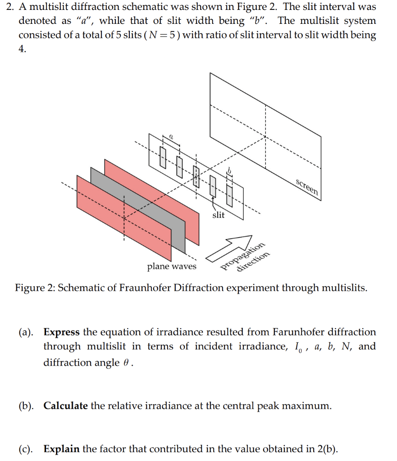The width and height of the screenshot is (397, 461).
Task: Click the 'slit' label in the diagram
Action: click(x=218, y=215)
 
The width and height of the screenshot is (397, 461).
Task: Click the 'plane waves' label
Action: click(x=172, y=266)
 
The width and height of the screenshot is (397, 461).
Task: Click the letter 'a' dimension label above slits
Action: click(x=171, y=135)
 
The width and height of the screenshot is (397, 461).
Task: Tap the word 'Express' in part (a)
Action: click(x=61, y=332)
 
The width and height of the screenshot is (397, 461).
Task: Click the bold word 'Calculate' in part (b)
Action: click(x=65, y=406)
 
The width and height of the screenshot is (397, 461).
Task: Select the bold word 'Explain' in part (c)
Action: click(x=61, y=449)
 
